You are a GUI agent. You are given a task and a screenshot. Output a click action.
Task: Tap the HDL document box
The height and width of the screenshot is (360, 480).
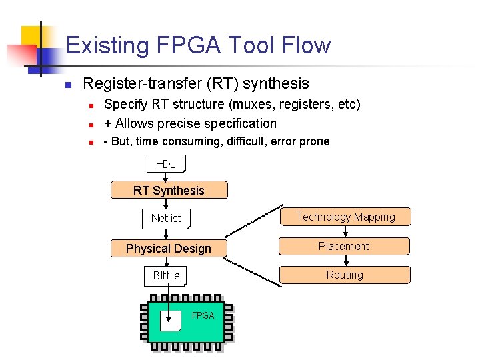(x=165, y=164)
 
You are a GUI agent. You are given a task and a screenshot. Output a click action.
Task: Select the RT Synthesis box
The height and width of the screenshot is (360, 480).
(x=169, y=190)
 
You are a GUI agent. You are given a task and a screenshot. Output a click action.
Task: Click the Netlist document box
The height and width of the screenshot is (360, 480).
(x=166, y=218)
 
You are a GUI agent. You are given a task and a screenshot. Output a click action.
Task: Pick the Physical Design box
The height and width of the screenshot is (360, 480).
(x=168, y=249)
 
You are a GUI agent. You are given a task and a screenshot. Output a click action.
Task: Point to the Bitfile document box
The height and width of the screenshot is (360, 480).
(x=166, y=275)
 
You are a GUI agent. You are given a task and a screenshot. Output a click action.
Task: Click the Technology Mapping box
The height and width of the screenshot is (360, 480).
(x=345, y=217)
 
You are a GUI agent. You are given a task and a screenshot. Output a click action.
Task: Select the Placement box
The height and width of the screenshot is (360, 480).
(x=344, y=246)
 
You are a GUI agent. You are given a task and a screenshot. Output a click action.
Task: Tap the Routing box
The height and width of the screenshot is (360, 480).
(x=345, y=275)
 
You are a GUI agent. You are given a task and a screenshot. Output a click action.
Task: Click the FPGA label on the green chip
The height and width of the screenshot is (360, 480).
(x=203, y=315)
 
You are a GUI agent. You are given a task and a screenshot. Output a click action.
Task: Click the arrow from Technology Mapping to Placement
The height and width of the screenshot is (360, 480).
(x=345, y=231)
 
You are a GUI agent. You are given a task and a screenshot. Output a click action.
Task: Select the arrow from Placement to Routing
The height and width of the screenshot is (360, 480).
(x=345, y=261)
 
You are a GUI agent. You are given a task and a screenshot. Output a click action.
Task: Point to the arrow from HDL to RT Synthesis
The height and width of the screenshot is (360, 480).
(x=165, y=177)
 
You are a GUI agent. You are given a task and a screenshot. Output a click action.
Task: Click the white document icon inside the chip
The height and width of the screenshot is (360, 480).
(x=171, y=321)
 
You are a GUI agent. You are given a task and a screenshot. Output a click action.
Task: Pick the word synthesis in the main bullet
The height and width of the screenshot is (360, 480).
(x=276, y=83)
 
